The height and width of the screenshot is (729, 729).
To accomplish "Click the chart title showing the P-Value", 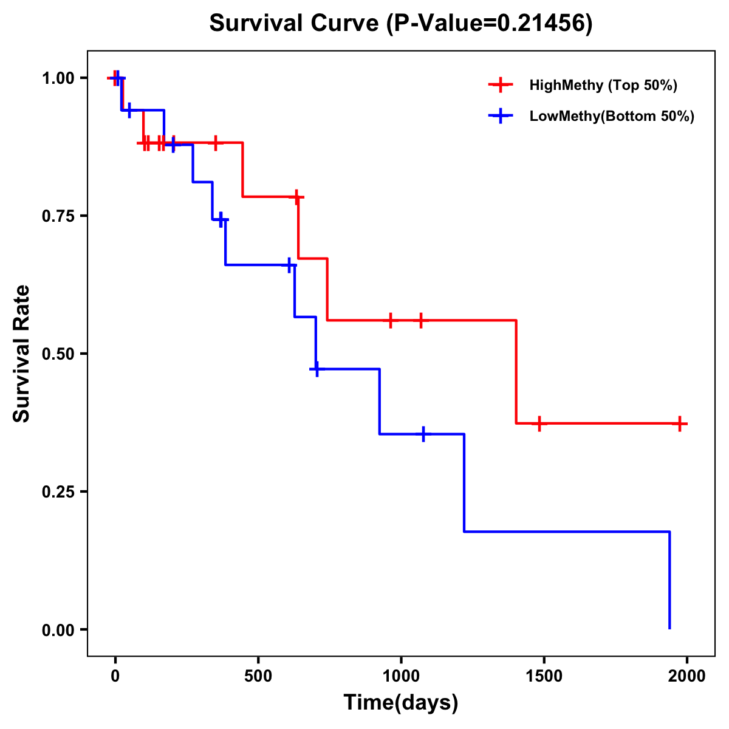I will [401, 23].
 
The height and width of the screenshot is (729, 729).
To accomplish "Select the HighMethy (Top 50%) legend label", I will [603, 85].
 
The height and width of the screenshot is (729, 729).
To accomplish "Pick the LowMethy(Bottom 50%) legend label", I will [612, 116].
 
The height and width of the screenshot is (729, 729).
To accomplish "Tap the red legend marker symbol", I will [500, 85].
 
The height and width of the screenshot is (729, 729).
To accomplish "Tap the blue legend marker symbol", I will [500, 115].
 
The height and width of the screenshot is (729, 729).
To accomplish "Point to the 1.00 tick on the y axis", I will [58, 78].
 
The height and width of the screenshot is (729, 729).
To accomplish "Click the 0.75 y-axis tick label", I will [58, 216].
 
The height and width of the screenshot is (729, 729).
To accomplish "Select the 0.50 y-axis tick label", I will [58, 354].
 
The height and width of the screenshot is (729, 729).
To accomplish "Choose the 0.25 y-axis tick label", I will [58, 492].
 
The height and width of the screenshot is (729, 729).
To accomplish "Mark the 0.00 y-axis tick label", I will [58, 630].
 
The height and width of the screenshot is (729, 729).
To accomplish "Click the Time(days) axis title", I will [401, 702].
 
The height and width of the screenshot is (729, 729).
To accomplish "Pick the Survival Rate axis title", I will [22, 354].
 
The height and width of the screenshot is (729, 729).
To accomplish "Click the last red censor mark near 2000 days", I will [680, 424].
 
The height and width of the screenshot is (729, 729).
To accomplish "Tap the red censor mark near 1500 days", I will [538, 423].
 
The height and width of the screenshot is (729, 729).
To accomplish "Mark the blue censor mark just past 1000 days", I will [423, 434].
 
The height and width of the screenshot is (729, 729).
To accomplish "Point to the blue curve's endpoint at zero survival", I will [669, 628].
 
